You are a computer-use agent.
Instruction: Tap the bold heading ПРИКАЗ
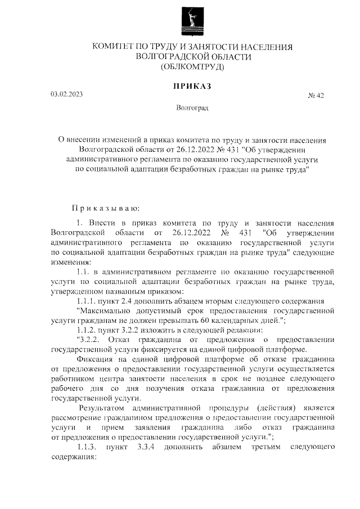(x=192, y=86)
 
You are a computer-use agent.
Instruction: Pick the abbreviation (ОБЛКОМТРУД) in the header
(x=192, y=67)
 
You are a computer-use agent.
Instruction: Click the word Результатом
(x=105, y=407)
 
